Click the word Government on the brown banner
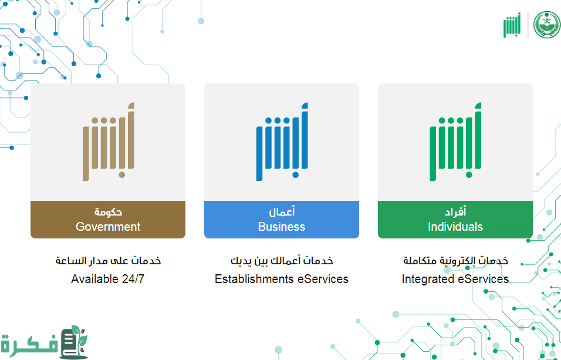[x=108, y=227]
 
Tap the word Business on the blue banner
[x=282, y=227]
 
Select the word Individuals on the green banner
[x=455, y=227]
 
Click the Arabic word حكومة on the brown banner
[x=108, y=212]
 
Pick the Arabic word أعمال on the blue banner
[x=282, y=211]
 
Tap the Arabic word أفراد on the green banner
[x=455, y=211]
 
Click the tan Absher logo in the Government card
[x=109, y=142]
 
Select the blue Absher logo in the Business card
[x=282, y=142]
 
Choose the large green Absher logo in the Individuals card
[x=455, y=142]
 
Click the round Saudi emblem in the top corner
[x=547, y=25]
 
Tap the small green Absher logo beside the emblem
[x=512, y=25]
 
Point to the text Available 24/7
[x=108, y=279]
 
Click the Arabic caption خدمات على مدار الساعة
[x=108, y=260]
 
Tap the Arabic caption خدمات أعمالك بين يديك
[x=282, y=260]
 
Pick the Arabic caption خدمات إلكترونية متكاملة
[x=455, y=260]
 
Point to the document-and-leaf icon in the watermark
[x=74, y=342]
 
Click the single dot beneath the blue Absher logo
[x=296, y=175]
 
